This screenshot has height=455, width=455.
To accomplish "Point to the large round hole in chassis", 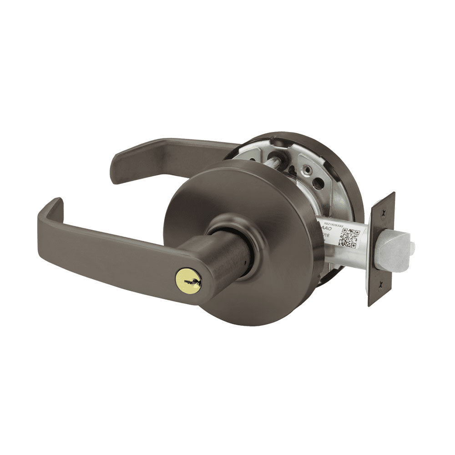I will click(318, 184).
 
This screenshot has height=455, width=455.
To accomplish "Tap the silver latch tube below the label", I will click(346, 257).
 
